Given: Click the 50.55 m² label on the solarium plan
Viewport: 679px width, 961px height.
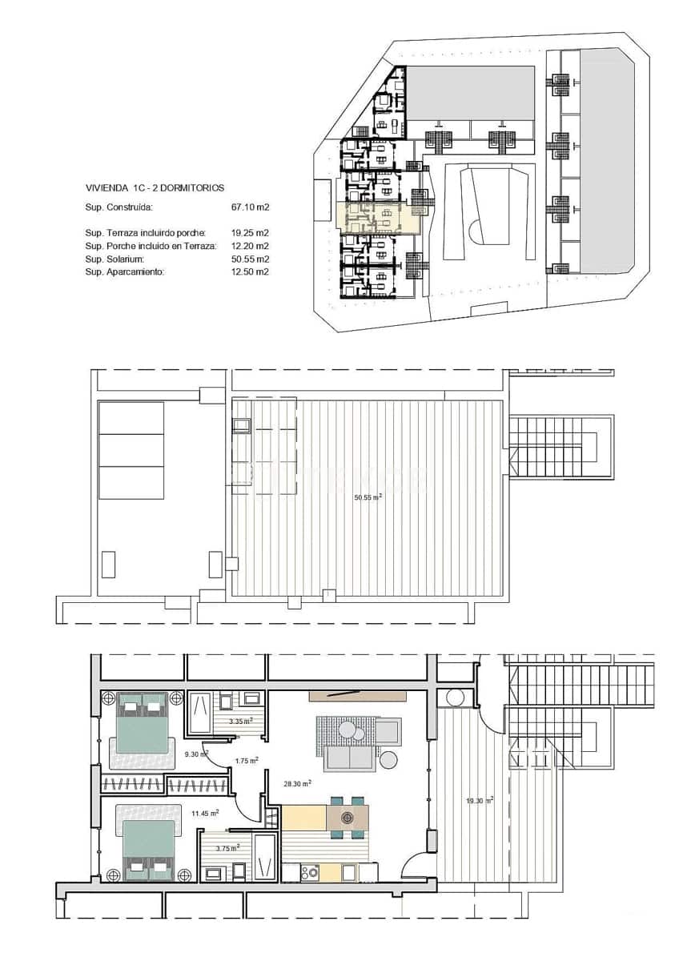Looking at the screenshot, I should [x=368, y=497].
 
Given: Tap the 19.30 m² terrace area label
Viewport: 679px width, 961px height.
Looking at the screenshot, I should [x=480, y=799].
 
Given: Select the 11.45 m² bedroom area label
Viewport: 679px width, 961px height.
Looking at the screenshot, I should [x=205, y=814].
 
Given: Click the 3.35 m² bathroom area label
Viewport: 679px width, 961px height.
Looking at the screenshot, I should [x=240, y=721].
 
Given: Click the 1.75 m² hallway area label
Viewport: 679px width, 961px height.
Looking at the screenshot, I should [x=246, y=760].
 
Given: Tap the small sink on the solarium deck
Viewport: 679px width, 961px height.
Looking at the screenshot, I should [x=242, y=427].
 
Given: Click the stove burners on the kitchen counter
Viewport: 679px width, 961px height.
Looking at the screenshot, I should [x=311, y=871].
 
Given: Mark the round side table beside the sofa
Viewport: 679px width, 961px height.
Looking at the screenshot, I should [x=388, y=759].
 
